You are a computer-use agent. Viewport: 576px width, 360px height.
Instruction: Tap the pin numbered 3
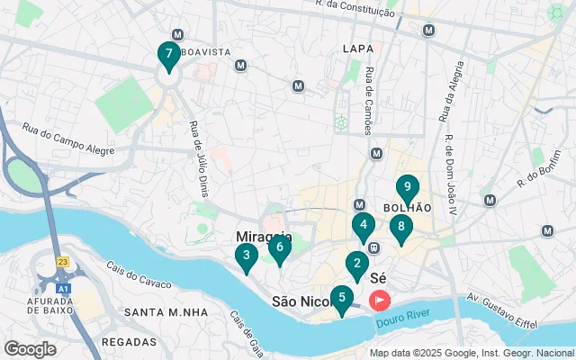point(247,256)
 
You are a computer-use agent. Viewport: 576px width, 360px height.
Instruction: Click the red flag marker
point(380,300)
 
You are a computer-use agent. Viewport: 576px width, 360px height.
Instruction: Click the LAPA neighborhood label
point(357,47)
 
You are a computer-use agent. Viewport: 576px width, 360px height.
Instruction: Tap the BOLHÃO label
point(407,207)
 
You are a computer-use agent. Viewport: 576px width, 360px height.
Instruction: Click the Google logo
point(30,348)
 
